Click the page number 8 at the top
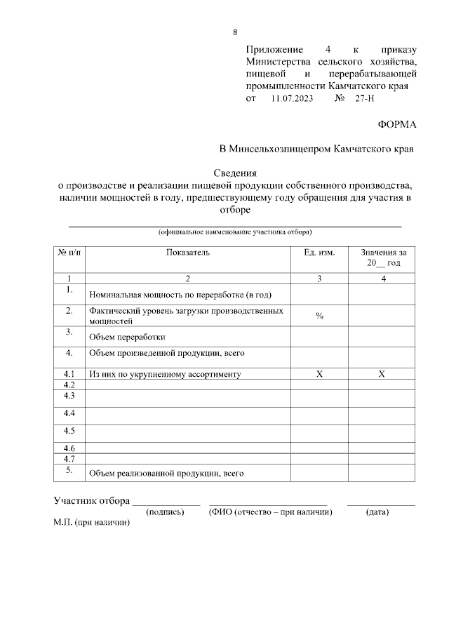click(x=235, y=32)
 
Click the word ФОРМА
click(x=397, y=124)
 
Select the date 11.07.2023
click(x=293, y=100)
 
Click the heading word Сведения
click(x=236, y=173)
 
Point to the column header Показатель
click(x=188, y=252)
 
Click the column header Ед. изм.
click(x=319, y=252)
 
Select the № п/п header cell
click(x=69, y=252)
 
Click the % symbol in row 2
click(x=319, y=316)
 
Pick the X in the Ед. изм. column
click(x=319, y=375)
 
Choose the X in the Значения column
click(x=382, y=375)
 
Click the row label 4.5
click(x=69, y=430)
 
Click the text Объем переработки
click(x=127, y=336)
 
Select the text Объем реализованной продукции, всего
click(x=166, y=474)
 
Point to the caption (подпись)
click(x=165, y=513)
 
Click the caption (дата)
click(x=377, y=513)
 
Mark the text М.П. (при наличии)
click(x=92, y=523)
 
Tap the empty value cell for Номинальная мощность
click(x=382, y=293)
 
